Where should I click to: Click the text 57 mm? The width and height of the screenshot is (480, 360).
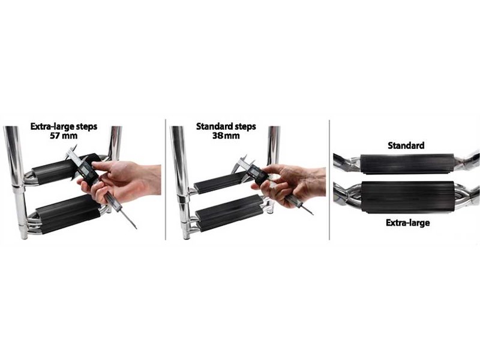point(64,136)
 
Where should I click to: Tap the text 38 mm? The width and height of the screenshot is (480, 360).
point(226,136)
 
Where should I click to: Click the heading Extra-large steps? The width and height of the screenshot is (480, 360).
point(64,127)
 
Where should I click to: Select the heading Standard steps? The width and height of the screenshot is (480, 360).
point(226,127)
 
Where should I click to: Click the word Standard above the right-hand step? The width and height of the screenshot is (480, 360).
point(406,145)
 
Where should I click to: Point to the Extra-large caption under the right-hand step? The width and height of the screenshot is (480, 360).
point(407,223)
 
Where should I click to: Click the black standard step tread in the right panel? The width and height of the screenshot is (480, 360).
point(407,164)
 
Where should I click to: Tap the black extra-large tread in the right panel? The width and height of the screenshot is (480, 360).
point(407,197)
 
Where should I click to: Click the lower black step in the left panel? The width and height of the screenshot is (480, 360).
point(68,214)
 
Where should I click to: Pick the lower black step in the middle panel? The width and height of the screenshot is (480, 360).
point(230,212)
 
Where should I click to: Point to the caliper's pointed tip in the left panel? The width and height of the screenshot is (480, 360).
point(136,229)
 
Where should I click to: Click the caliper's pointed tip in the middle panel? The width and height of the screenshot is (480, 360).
point(313,214)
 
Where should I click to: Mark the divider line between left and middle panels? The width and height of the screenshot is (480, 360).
point(166,179)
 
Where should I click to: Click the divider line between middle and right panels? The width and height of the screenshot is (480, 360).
point(329,180)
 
